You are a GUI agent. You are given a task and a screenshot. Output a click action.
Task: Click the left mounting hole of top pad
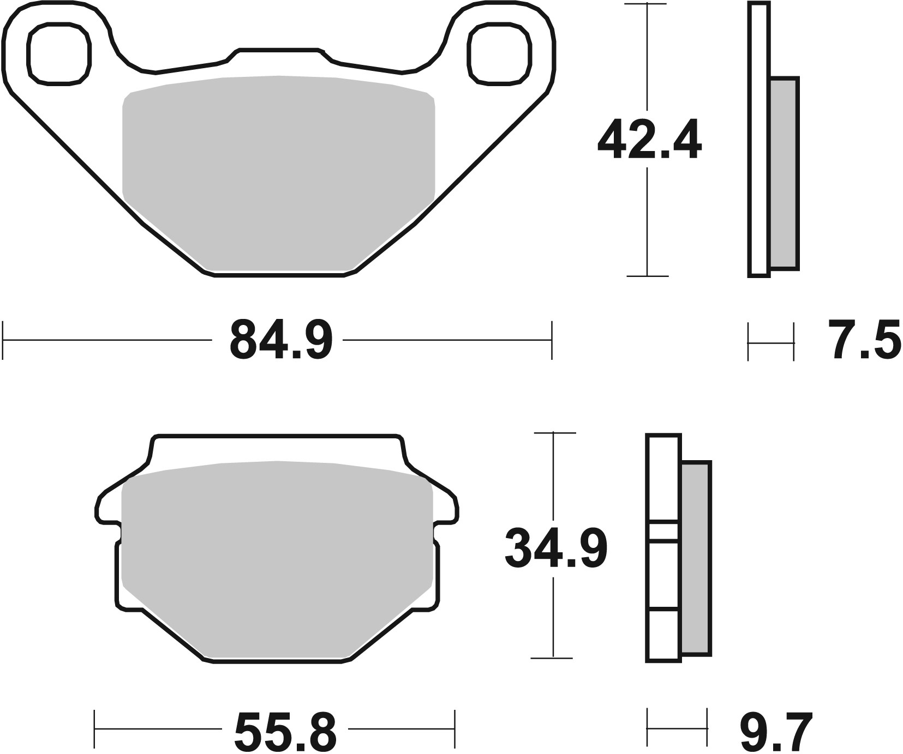[59, 54]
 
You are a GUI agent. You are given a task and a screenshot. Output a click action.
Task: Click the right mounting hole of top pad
[499, 54]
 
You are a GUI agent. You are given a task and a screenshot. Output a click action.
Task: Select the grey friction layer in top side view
[785, 173]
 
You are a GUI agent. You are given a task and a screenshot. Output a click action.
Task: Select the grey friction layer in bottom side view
[696, 558]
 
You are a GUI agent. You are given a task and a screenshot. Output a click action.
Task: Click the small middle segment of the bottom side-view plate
[663, 532]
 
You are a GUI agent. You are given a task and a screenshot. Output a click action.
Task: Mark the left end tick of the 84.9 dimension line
[4, 340]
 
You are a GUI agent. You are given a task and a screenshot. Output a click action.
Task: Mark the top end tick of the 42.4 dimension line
[647, 4]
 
